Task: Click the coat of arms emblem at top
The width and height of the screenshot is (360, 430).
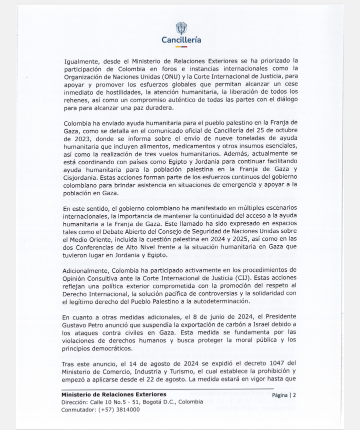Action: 181,28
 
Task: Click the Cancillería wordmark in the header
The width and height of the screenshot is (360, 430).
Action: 181,40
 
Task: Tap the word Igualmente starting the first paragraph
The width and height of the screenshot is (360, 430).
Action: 82,61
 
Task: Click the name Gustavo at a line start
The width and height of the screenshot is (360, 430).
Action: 77,325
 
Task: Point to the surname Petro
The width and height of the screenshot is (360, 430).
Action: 103,325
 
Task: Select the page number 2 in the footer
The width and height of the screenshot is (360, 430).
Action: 294,395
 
